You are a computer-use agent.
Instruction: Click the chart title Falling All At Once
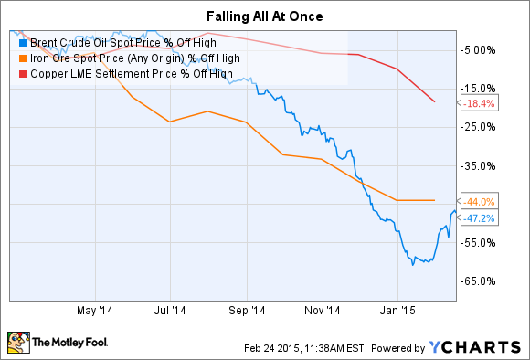click(x=264, y=16)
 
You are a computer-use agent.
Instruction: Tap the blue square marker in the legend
click(x=22, y=41)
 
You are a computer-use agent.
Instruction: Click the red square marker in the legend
click(x=22, y=74)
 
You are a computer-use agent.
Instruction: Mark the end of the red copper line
click(x=435, y=101)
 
